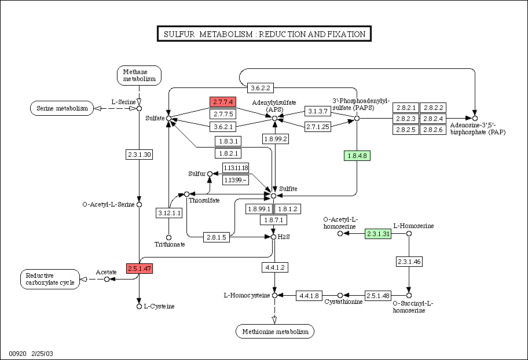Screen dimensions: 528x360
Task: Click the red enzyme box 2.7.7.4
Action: [223, 102]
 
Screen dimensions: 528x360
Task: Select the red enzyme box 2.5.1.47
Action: [140, 269]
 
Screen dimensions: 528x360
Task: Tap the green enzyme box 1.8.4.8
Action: [357, 156]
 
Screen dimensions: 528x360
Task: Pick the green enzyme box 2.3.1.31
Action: [378, 234]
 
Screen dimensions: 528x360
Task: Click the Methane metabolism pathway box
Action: [139, 75]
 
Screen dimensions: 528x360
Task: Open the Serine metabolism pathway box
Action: [62, 108]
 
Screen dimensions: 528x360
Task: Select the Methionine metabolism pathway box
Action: [275, 332]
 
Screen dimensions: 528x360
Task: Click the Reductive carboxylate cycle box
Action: [50, 279]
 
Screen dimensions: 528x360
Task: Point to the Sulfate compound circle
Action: [168, 118]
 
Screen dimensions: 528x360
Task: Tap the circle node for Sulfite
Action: [273, 196]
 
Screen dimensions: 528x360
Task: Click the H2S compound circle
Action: [273, 237]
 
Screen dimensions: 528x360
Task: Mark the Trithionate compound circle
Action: [168, 238]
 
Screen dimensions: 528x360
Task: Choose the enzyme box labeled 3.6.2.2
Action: [261, 88]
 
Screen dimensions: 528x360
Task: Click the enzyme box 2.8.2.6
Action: [433, 130]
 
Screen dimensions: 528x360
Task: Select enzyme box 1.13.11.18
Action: [236, 168]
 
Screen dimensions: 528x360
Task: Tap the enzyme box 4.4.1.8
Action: [309, 296]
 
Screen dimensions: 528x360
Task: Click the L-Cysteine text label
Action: [159, 306]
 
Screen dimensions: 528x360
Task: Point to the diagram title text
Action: [265, 34]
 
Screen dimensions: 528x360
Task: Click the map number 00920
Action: [17, 354]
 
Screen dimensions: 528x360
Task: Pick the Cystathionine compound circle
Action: [340, 296]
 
